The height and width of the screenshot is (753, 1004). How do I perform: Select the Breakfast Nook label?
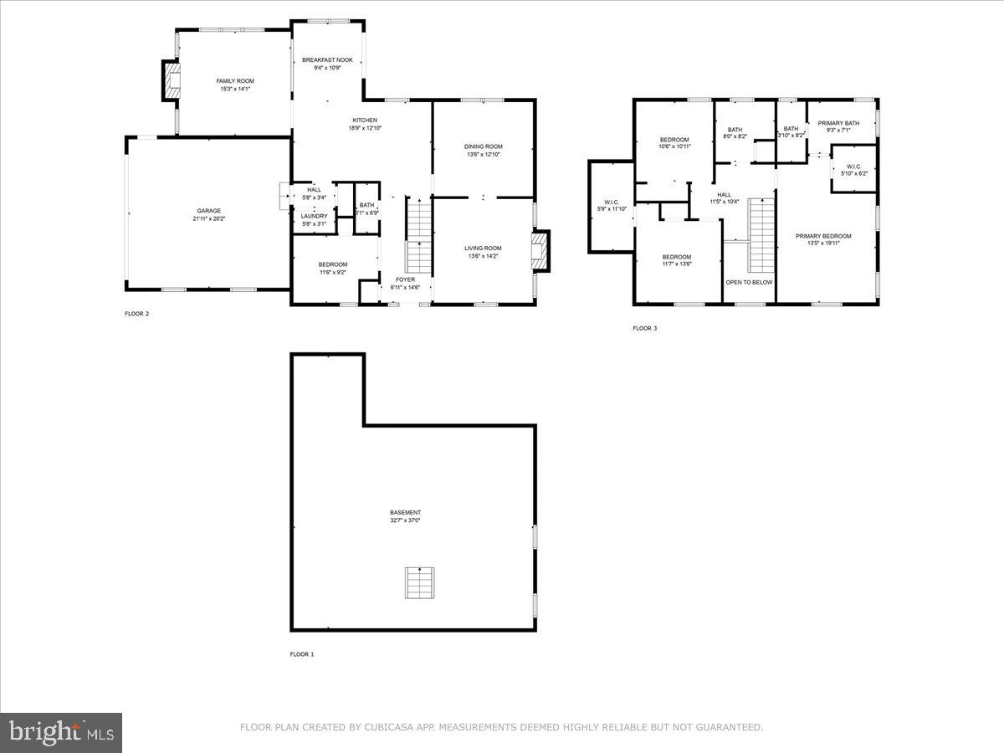pyautogui.click(x=327, y=60)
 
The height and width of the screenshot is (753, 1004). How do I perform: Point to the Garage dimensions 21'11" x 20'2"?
pyautogui.click(x=209, y=218)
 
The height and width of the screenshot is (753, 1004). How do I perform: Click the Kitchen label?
pyautogui.click(x=364, y=120)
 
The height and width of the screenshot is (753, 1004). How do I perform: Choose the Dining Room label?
pyautogui.click(x=484, y=146)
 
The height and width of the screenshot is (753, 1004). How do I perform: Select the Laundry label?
pyautogui.click(x=314, y=216)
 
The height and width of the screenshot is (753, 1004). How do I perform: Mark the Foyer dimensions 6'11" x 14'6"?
pyautogui.click(x=405, y=288)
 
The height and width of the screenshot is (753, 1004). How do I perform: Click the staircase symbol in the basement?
pyautogui.click(x=420, y=582)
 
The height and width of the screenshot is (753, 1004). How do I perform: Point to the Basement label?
pyautogui.click(x=405, y=513)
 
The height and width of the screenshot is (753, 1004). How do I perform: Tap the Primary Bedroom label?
pyautogui.click(x=823, y=237)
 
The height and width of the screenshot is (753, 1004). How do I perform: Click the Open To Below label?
pyautogui.click(x=749, y=282)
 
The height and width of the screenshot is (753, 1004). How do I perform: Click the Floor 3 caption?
pyautogui.click(x=644, y=328)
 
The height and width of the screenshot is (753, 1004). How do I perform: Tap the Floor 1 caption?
pyautogui.click(x=301, y=653)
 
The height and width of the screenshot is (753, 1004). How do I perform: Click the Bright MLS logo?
pyautogui.click(x=61, y=733)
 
